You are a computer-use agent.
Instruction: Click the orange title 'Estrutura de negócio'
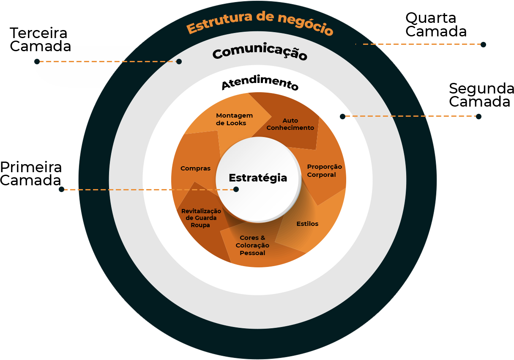point(260,24)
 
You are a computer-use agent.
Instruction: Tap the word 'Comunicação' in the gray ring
point(260,54)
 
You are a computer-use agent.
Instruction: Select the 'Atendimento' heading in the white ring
point(260,83)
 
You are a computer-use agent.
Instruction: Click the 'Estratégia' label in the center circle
point(258,178)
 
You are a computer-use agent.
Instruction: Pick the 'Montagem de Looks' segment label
point(234,119)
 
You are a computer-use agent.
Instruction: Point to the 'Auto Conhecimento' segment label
point(290,124)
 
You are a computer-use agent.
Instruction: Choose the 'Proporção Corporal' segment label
point(324,170)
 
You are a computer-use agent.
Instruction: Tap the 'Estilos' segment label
point(307,224)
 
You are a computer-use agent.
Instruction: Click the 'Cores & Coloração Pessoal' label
point(252,245)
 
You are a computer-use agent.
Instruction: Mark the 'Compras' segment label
point(195,168)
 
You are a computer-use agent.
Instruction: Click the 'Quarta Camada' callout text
point(436,25)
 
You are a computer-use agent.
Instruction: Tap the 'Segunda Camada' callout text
point(481,95)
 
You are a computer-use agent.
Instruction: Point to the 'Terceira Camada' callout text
point(39,39)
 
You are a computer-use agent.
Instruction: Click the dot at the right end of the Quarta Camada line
point(483,44)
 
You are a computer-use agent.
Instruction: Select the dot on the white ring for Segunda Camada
point(342,116)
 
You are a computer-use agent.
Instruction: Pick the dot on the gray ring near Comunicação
point(179,62)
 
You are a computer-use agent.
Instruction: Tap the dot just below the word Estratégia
point(236,190)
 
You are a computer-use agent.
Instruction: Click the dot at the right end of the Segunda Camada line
point(478,117)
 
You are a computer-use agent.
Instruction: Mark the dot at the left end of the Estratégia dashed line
point(61,190)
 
